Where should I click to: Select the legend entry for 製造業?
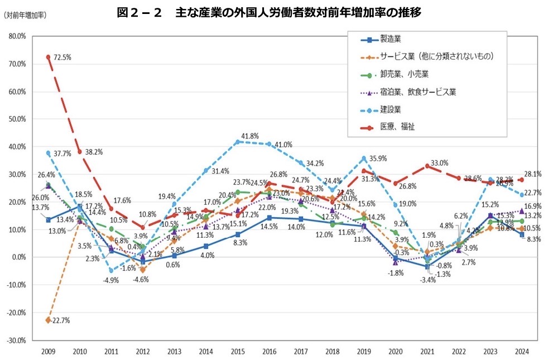click(391, 39)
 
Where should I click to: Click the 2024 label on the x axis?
click(522, 351)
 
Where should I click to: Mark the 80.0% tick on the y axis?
click(17, 36)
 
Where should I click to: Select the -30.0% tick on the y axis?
click(16, 340)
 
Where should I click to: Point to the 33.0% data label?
click(439, 163)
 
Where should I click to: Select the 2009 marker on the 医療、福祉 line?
click(49, 57)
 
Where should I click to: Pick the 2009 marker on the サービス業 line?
click(49, 320)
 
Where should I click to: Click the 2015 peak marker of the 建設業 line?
click(238, 142)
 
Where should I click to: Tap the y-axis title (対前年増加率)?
click(25, 15)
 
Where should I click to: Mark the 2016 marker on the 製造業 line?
click(270, 218)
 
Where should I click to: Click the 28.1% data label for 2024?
click(533, 175)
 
